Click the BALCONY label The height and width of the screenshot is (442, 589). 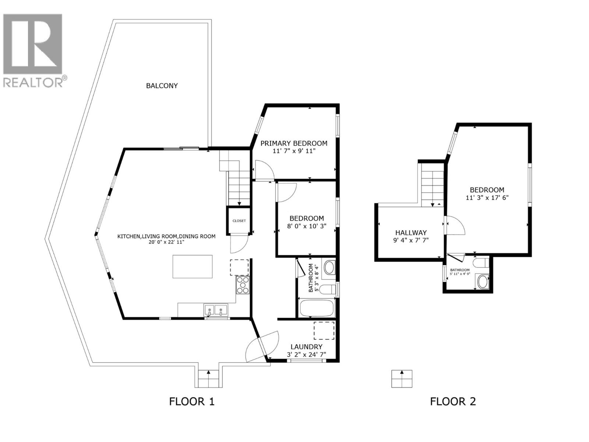tap(162, 86)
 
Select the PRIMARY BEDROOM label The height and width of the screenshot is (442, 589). tap(294, 143)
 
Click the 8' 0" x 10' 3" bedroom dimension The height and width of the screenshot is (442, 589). tap(307, 226)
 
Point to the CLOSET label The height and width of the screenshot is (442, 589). tap(239, 221)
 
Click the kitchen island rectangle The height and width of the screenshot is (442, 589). tap(193, 267)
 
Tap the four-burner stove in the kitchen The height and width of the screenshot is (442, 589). tap(243, 285)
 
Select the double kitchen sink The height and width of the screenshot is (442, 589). tap(216, 310)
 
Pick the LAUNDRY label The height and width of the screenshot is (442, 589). tap(306, 347)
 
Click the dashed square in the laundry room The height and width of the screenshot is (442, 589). tap(324, 330)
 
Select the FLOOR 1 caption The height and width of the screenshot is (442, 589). tap(191, 401)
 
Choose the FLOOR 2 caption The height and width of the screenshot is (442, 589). tap(453, 401)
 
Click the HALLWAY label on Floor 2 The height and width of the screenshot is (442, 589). tap(411, 233)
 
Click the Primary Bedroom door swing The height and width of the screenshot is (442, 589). tap(264, 170)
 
